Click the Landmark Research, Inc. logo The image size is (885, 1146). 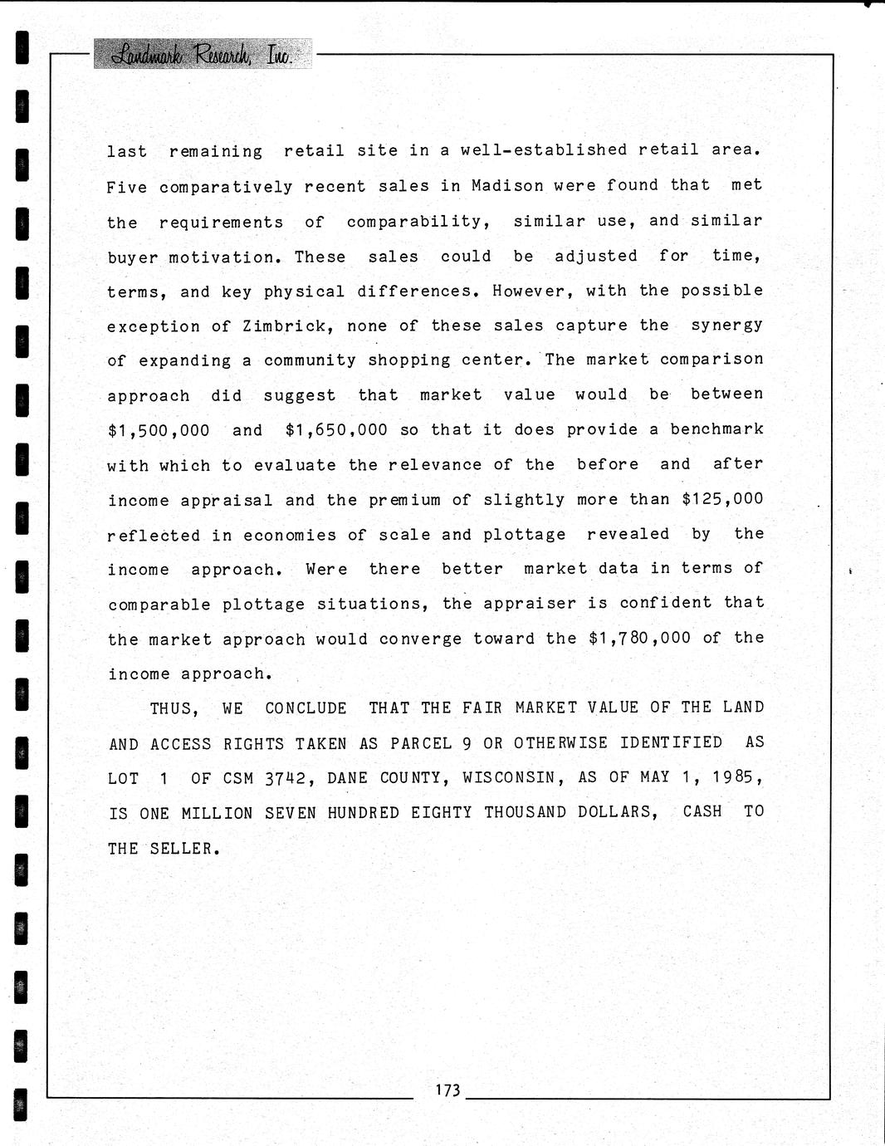[x=202, y=55]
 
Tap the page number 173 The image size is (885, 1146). [x=447, y=1090]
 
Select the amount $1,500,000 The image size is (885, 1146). [x=159, y=430]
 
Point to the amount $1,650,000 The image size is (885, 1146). [x=336, y=430]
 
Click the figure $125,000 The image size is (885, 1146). [x=722, y=499]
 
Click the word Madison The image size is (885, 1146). [x=507, y=186]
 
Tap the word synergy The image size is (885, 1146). [x=727, y=326]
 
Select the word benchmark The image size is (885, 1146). [x=717, y=429]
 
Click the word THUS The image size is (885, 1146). [x=174, y=708]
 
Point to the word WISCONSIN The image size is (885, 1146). [x=509, y=777]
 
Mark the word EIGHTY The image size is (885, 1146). [x=442, y=813]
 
